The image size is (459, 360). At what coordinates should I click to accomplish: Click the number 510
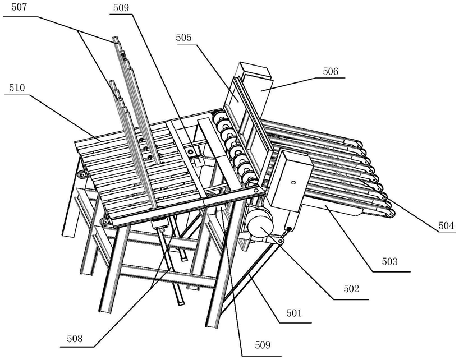(17, 88)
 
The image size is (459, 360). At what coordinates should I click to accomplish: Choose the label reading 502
(352, 289)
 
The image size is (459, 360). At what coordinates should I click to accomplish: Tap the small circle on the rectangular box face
(292, 183)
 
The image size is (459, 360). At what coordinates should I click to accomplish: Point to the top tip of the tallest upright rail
(115, 38)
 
